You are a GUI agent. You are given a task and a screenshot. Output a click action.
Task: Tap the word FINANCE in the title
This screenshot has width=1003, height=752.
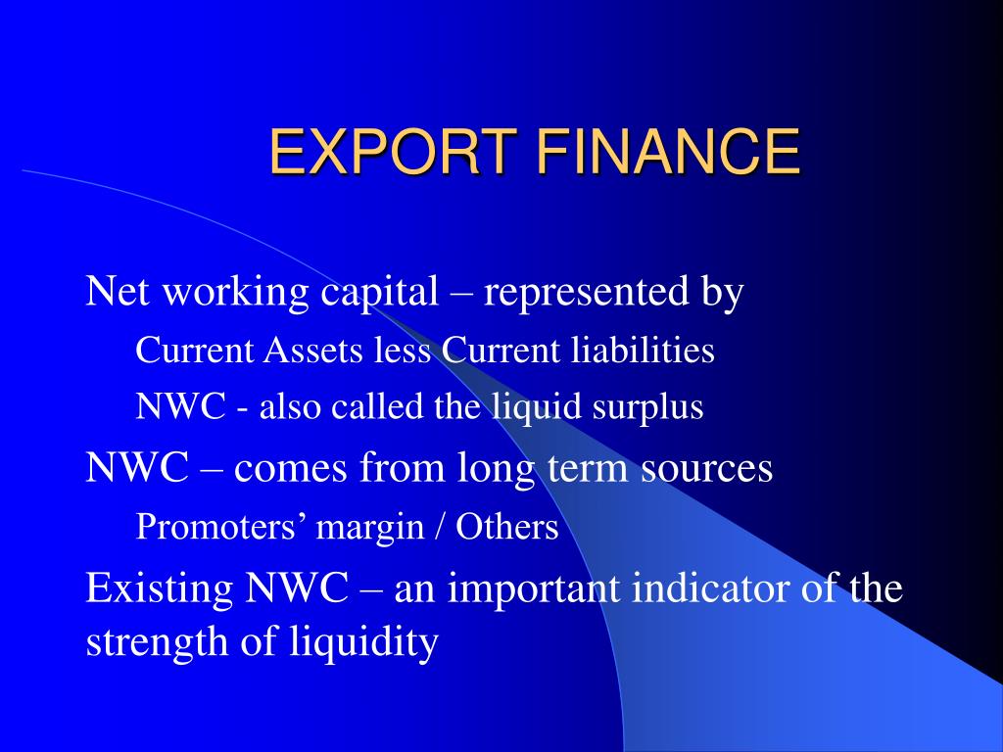tap(668, 151)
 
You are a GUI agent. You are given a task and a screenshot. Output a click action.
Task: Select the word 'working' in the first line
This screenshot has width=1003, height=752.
tap(236, 293)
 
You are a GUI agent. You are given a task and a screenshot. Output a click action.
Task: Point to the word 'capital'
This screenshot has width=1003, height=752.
tap(380, 293)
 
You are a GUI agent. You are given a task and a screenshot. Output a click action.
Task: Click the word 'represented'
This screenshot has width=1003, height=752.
tap(585, 292)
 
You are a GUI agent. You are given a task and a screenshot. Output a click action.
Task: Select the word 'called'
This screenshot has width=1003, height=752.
tap(377, 406)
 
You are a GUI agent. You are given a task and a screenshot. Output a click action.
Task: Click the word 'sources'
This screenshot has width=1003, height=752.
tap(707, 468)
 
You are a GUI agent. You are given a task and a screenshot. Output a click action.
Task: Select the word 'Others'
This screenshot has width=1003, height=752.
tap(507, 527)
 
